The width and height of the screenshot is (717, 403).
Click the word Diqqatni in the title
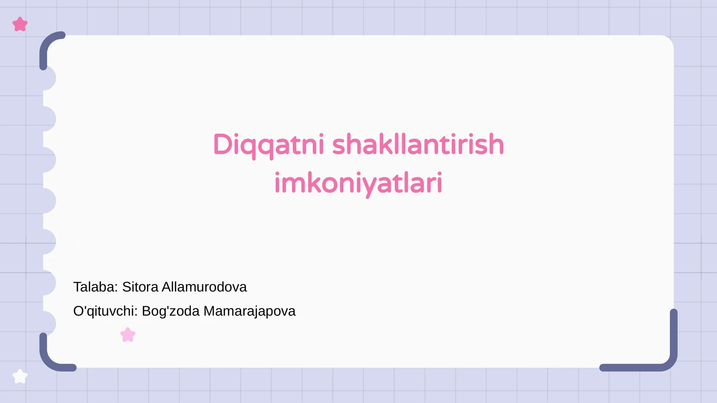pyautogui.click(x=268, y=145)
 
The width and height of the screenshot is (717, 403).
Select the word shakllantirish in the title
pyautogui.click(x=418, y=145)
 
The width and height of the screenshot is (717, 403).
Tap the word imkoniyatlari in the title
pyautogui.click(x=358, y=183)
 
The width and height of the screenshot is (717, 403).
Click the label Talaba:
pyautogui.click(x=95, y=287)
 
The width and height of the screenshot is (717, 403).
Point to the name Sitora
pyautogui.click(x=140, y=287)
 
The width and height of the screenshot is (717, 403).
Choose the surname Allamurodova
pyautogui.click(x=204, y=287)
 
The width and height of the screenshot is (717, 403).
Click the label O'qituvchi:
pyautogui.click(x=105, y=311)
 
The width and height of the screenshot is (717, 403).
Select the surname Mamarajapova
pyautogui.click(x=249, y=311)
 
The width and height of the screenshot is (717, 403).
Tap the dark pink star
pyautogui.click(x=20, y=24)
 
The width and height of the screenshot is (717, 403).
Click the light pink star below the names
pyautogui.click(x=128, y=334)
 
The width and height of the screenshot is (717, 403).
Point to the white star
pyautogui.click(x=20, y=376)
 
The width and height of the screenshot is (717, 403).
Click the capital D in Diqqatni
pyautogui.click(x=223, y=145)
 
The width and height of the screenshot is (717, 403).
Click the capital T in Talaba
pyautogui.click(x=78, y=287)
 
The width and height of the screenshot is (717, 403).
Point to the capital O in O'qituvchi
pyautogui.click(x=78, y=311)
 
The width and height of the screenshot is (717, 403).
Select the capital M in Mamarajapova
pyautogui.click(x=209, y=311)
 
